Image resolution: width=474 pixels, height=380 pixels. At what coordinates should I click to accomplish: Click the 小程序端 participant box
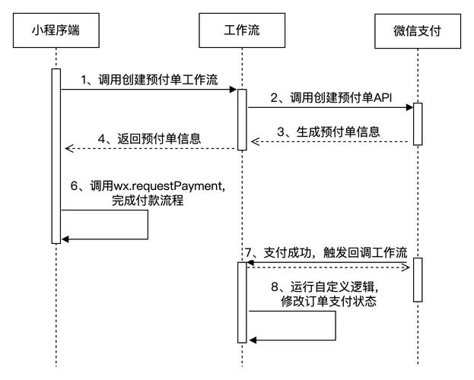tap(56, 31)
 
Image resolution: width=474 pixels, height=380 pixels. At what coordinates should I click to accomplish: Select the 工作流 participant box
tap(241, 31)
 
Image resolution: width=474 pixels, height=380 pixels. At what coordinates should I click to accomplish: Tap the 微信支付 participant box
tap(417, 31)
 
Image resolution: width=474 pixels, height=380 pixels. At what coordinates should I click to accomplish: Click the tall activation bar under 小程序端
tap(56, 156)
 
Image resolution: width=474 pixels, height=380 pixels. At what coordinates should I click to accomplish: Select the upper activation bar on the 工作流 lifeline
tap(241, 119)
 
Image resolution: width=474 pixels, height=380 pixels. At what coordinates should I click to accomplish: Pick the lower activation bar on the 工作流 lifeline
tap(241, 302)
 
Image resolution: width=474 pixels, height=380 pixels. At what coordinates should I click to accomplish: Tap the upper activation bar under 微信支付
tap(417, 123)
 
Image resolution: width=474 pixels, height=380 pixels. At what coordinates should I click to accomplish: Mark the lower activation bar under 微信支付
tap(417, 280)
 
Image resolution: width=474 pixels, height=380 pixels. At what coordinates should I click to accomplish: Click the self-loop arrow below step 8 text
tap(335, 328)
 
